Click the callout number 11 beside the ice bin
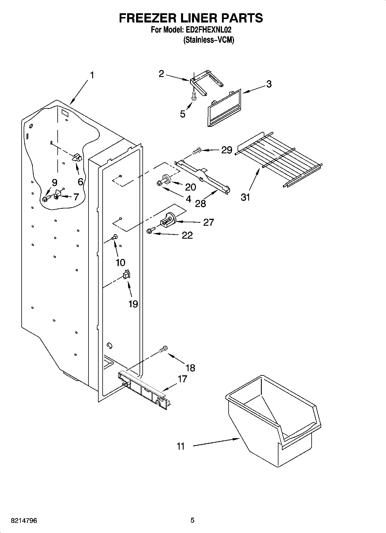click(x=180, y=446)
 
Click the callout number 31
click(x=245, y=197)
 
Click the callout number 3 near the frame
click(x=268, y=84)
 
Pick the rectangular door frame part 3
click(x=224, y=108)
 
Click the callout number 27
click(x=208, y=222)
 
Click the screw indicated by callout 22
click(x=150, y=230)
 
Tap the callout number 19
click(x=133, y=304)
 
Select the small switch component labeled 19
click(x=127, y=274)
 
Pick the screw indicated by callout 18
click(x=163, y=349)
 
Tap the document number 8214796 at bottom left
click(x=24, y=520)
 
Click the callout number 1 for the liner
click(x=92, y=75)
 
